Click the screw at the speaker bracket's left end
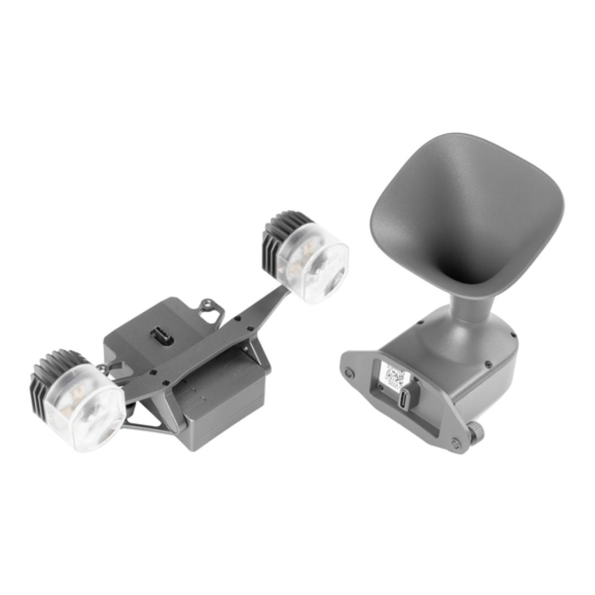[348, 373]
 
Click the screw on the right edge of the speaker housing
[512, 335]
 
